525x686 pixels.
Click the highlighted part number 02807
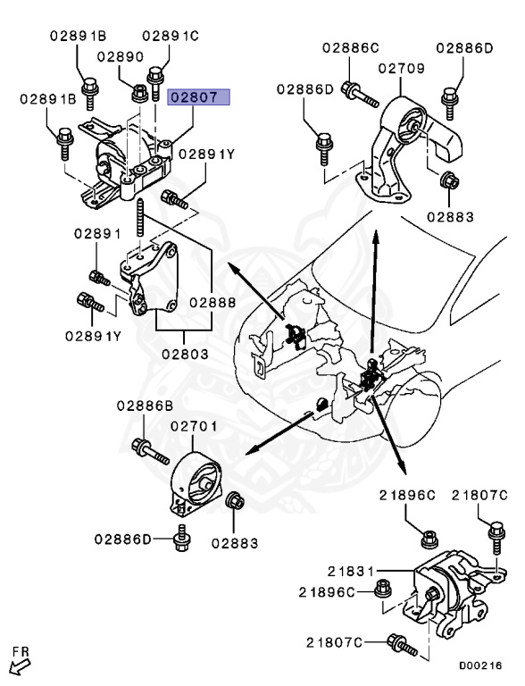point(200,97)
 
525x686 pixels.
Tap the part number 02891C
point(170,36)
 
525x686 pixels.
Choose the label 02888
point(212,303)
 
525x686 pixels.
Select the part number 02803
point(184,354)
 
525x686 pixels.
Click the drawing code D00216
point(480,665)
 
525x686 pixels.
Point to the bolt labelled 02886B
point(149,452)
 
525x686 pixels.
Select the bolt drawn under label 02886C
point(354,89)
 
